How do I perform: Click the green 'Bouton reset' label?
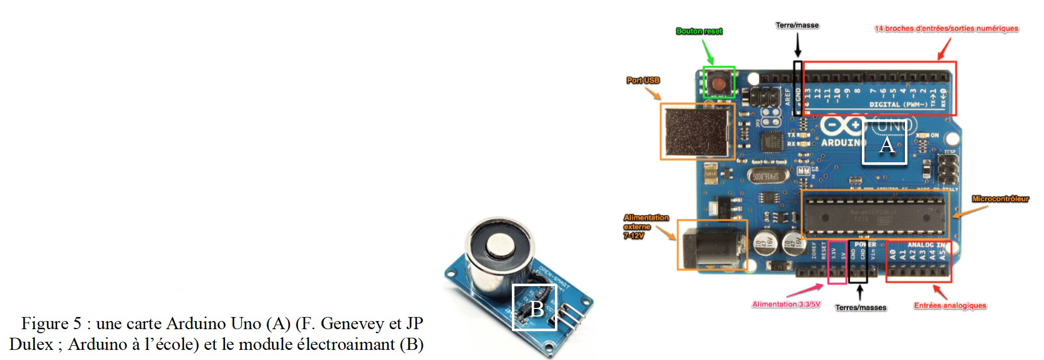click(699, 31)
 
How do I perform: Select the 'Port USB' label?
click(643, 80)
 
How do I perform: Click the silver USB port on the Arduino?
click(697, 132)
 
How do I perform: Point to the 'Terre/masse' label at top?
click(797, 25)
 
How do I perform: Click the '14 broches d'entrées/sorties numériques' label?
click(946, 29)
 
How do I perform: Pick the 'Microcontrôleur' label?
click(1000, 199)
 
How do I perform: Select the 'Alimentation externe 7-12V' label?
click(646, 227)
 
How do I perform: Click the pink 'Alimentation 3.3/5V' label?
click(786, 304)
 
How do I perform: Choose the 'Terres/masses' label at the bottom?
click(860, 307)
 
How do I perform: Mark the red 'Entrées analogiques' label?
click(950, 306)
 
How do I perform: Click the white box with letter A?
click(884, 143)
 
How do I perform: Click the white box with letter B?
click(535, 307)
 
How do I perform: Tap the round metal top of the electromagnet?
click(500, 246)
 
